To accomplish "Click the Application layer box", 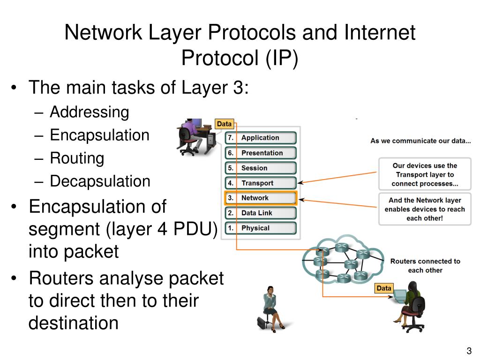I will pos(261,138).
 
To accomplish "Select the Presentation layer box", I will pos(261,153).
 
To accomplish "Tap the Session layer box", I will pos(261,168).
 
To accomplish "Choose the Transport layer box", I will pos(261,183).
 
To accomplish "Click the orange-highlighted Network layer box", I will pos(261,198).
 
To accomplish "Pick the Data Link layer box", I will pos(261,213).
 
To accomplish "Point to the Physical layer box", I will pos(261,228).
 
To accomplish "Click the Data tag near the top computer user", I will pos(225,124).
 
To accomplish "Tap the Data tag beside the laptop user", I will pos(383,288).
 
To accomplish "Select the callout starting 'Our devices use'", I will pos(425,175).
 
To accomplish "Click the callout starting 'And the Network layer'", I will pos(425,209).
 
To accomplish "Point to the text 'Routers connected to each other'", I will pos(425,266).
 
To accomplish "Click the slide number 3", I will pos(468,351).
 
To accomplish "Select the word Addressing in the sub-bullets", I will pos(89,112).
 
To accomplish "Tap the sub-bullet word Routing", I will pos(77,158).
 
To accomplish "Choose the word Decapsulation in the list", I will pos(100,181).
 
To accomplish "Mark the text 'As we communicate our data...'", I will pos(420,141).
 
